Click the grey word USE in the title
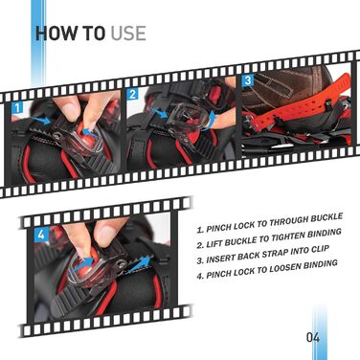coord(128,34)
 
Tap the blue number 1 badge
coord(17,108)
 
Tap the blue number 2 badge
coord(133,94)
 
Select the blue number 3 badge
coord(248,80)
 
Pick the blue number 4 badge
coord(41,236)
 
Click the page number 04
coord(313,337)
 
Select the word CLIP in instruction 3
coord(318,250)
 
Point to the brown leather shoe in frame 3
coord(281,88)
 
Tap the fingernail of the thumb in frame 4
coord(106,236)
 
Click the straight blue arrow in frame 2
coord(159,113)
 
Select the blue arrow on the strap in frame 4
coord(139,264)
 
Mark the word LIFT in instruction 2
coord(215,244)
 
